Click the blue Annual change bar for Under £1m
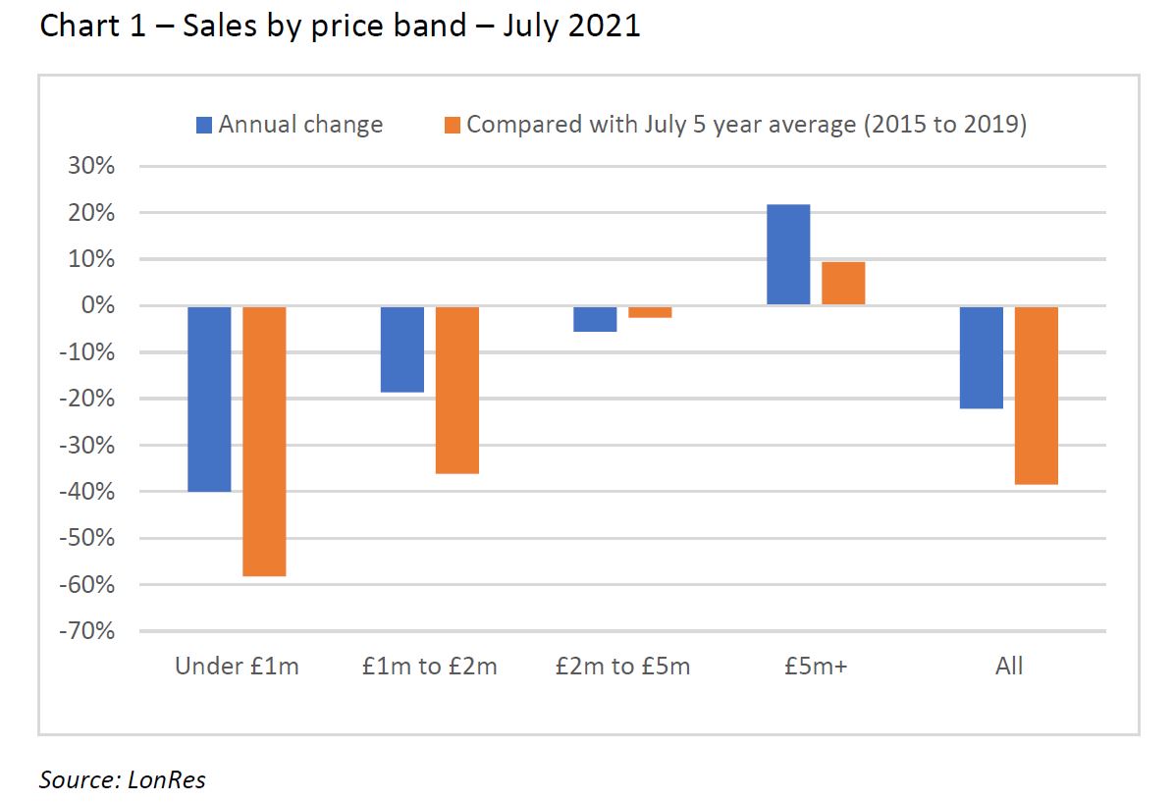click(209, 399)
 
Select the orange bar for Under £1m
click(264, 442)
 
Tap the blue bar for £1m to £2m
click(402, 349)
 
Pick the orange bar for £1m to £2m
click(457, 390)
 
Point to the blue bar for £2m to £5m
click(595, 319)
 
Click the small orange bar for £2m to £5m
click(650, 312)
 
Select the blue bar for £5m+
click(788, 254)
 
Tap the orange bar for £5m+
click(843, 284)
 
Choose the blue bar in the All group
click(982, 357)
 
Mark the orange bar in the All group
click(1037, 396)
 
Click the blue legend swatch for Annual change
click(204, 126)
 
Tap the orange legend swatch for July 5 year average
click(453, 126)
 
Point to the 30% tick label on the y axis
click(91, 166)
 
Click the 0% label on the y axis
click(98, 305)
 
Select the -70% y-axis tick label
click(87, 630)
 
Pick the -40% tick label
click(87, 491)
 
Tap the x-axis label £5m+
click(816, 666)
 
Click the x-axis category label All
click(1009, 666)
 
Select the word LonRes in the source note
click(166, 780)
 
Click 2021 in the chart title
click(604, 26)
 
